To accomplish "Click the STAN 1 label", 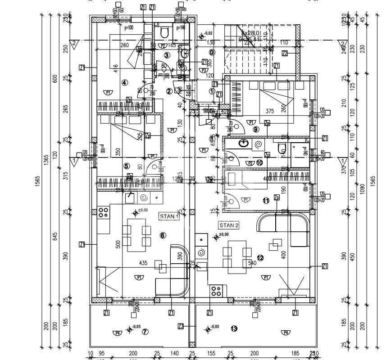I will [169, 216].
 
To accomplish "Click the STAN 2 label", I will [229, 225].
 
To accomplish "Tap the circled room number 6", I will [163, 235].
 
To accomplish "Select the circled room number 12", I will [260, 258].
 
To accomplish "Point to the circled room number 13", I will [233, 328].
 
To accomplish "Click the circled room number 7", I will [145, 332].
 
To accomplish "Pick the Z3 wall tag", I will [181, 326].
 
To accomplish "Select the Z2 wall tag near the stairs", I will [284, 53].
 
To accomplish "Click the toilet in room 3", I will [164, 32].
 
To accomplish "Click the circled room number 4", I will [124, 82].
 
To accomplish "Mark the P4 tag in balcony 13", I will [285, 333].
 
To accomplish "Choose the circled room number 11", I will [266, 200].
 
